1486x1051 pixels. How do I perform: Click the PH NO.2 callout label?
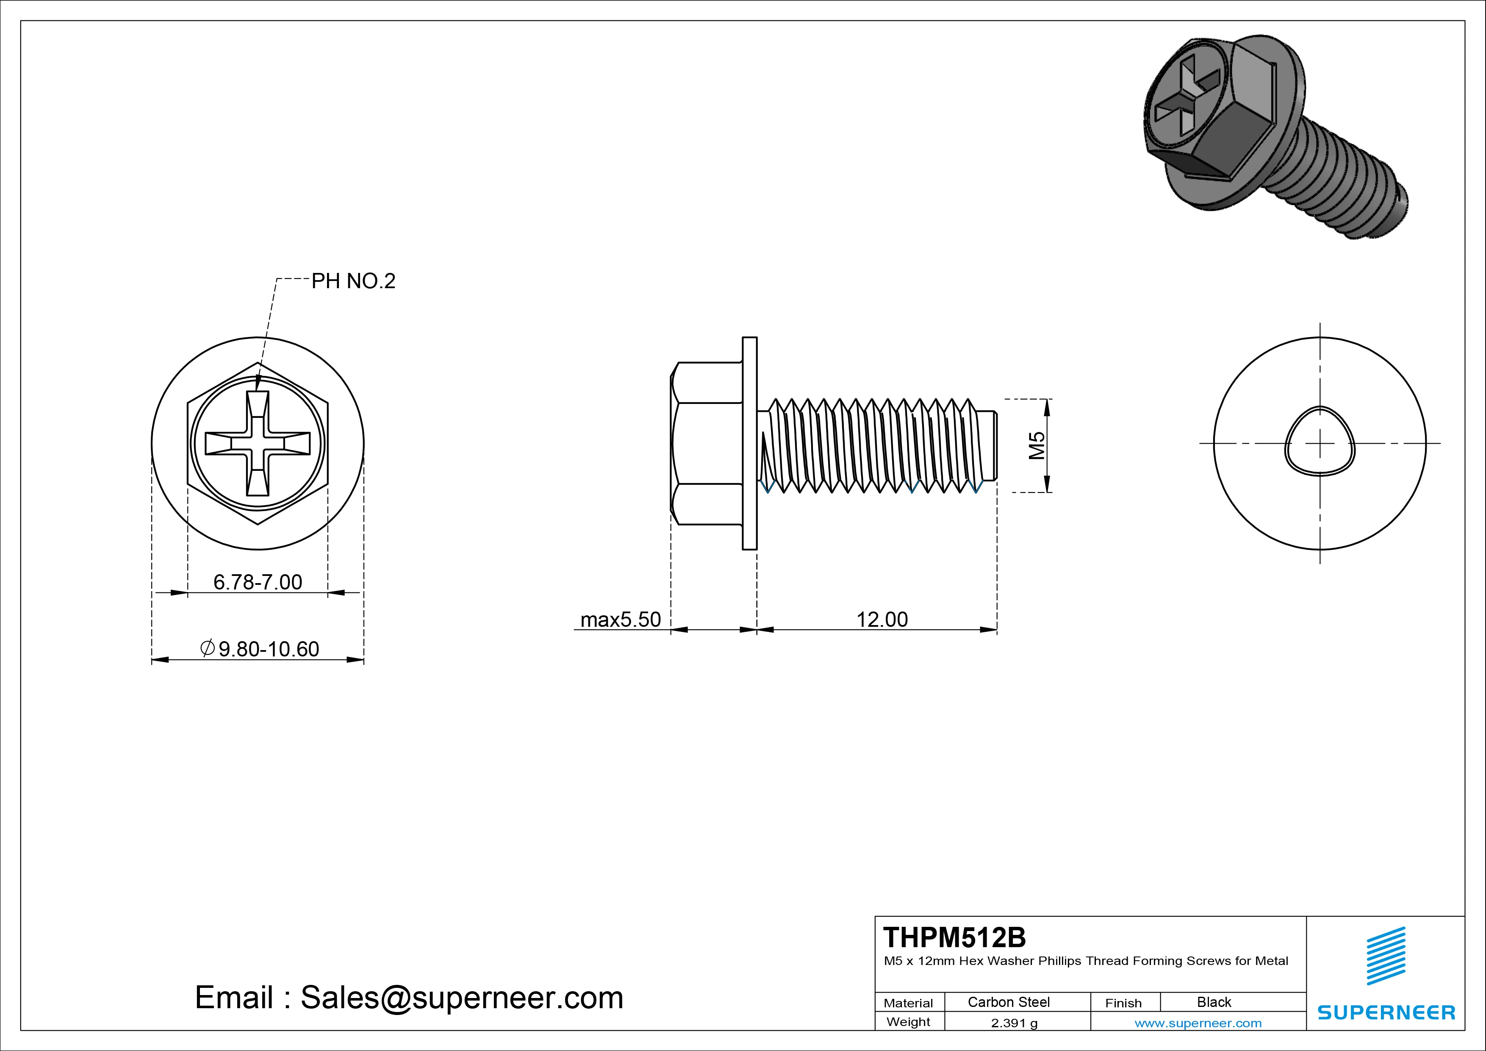[x=353, y=281]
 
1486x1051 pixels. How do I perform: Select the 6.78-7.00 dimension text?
[x=258, y=582]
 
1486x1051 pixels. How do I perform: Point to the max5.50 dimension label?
[x=620, y=620]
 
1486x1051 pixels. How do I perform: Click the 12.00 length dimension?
[x=882, y=620]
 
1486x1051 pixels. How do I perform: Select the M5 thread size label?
[x=1037, y=445]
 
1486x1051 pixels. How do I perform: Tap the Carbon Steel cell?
[x=1008, y=1002]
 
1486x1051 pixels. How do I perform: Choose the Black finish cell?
[x=1214, y=1002]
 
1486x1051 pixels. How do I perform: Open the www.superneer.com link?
[x=1198, y=1023]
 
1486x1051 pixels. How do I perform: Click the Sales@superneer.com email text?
[x=461, y=998]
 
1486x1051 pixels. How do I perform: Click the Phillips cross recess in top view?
[x=258, y=444]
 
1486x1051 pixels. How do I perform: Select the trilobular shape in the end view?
[x=1320, y=442]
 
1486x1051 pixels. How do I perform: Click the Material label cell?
[x=908, y=1003]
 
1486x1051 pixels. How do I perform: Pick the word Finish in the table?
[x=1123, y=1003]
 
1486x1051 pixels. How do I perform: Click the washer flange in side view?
[x=749, y=444]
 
